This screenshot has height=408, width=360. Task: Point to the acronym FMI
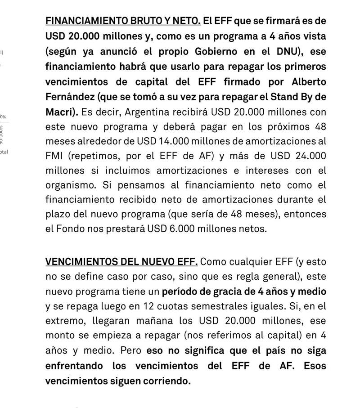coord(55,156)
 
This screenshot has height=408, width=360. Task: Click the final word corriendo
coord(164,381)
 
